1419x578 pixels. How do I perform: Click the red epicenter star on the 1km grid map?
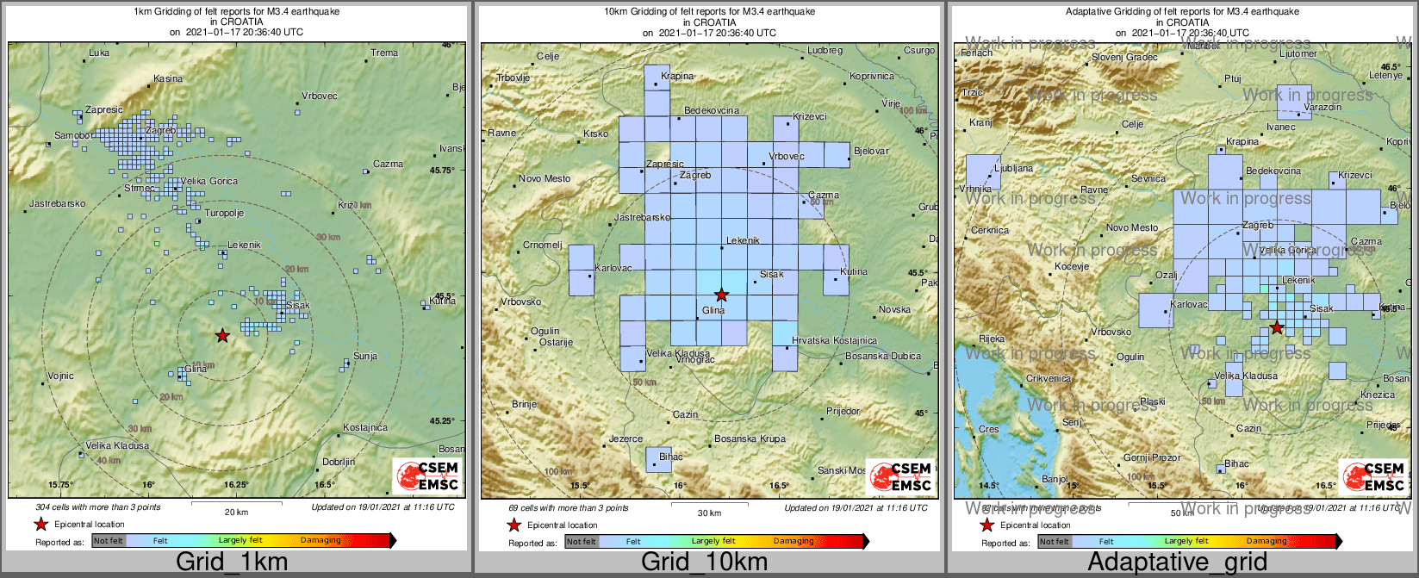222,335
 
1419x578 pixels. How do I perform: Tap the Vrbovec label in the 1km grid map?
320,96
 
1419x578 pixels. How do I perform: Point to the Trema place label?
384,53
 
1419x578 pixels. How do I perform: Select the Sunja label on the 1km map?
365,356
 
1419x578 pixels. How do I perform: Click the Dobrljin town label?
339,462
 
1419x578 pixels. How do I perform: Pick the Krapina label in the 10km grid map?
677,76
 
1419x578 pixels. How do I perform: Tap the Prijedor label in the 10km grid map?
843,411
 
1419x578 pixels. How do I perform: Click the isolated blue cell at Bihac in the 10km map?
658,460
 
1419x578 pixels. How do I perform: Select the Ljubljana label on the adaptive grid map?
1013,168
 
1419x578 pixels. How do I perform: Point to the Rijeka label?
992,339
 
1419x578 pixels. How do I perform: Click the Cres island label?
988,429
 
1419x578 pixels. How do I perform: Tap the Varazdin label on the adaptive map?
1323,107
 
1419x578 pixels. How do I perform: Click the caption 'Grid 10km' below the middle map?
704,562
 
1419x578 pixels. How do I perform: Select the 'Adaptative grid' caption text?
1177,562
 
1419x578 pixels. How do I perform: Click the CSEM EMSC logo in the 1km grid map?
427,475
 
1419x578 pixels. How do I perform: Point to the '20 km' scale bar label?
236,512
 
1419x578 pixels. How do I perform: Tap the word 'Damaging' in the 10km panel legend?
794,541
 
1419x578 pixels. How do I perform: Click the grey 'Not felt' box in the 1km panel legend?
109,541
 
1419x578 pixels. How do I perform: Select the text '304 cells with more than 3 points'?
98,507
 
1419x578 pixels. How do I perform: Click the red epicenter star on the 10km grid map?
722,295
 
